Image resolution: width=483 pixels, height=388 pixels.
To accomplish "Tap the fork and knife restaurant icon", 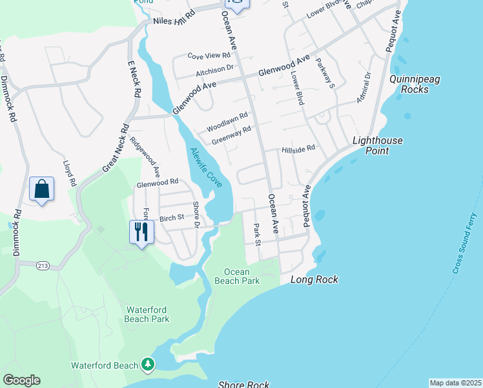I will (141, 232).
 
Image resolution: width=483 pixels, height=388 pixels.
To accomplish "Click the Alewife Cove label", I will (206, 168).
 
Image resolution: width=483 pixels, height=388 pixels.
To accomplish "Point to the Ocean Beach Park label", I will (241, 276).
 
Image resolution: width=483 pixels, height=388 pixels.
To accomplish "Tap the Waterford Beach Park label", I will (147, 314).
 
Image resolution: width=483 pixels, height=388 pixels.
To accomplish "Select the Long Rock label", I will (314, 280).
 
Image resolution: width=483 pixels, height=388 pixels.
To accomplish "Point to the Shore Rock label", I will (244, 385).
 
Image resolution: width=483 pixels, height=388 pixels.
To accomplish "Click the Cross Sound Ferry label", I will (464, 242).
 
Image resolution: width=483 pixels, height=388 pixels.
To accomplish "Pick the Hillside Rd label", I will (298, 149).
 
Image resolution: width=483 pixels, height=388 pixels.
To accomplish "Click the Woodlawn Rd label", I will (227, 122).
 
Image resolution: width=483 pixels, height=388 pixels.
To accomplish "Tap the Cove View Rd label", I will (209, 56).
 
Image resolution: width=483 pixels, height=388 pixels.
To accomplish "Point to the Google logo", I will (21, 380).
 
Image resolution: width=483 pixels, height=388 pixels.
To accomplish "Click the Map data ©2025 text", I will (455, 383).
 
